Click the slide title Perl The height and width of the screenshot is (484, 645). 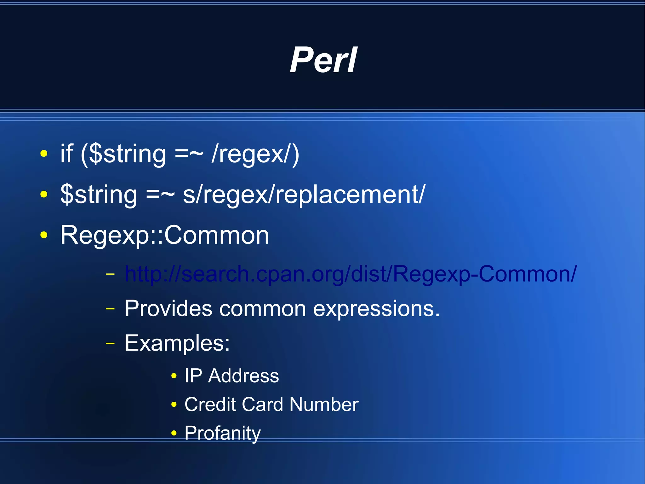(x=323, y=60)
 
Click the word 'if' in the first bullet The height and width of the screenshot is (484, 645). (x=67, y=154)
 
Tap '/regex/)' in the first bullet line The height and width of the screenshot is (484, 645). (x=255, y=154)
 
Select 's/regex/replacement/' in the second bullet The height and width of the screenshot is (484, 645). (x=304, y=194)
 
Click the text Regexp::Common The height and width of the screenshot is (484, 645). (x=165, y=235)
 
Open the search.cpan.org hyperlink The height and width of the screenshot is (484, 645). (x=351, y=273)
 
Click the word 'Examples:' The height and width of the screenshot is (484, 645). (x=177, y=343)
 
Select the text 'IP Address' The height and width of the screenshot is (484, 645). (x=231, y=376)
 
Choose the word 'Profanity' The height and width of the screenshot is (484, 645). (x=222, y=433)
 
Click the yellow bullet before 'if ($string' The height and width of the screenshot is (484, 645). (x=44, y=154)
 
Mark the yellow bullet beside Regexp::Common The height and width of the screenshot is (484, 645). (x=44, y=235)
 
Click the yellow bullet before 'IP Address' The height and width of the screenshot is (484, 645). (x=174, y=376)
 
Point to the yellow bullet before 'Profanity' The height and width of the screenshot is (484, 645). (x=174, y=433)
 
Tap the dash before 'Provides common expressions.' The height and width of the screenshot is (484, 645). (x=110, y=308)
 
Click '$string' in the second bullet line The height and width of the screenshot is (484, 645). (x=99, y=194)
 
